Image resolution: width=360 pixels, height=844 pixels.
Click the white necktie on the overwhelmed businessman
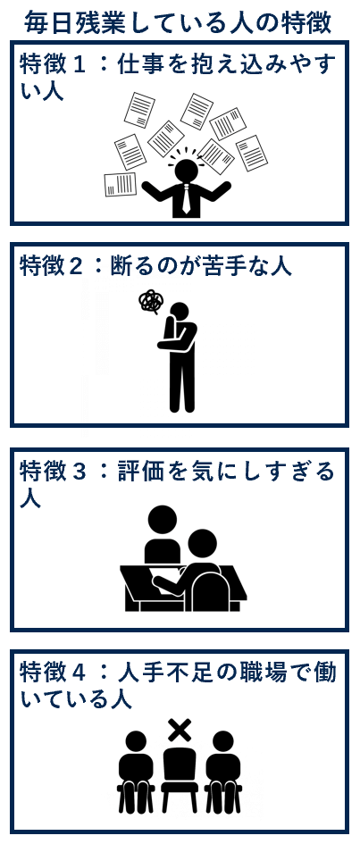(x=186, y=199)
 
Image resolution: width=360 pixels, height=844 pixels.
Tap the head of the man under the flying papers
(x=186, y=170)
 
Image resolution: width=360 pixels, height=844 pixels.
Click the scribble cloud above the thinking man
(x=149, y=302)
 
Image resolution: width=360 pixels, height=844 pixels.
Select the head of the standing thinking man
(x=180, y=312)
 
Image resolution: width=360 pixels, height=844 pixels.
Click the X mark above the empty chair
(x=180, y=731)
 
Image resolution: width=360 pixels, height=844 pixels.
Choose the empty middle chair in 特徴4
(x=180, y=781)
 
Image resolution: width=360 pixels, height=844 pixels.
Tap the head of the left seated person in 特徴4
(x=136, y=741)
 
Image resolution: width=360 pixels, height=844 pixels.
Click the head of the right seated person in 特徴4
(x=222, y=741)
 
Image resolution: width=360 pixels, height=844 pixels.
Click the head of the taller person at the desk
(x=162, y=520)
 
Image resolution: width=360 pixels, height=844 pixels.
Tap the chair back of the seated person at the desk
(x=212, y=592)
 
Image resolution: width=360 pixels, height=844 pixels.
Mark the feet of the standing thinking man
(x=182, y=408)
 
